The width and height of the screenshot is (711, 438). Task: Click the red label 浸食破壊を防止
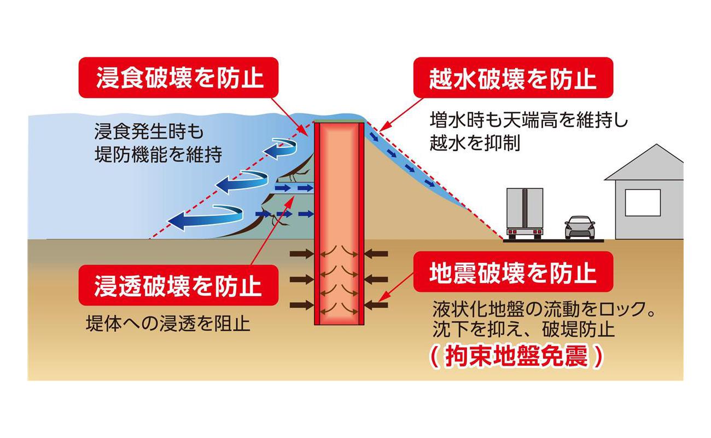180,78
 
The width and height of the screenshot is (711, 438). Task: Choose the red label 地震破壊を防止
512,272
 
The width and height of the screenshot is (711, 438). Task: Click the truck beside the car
524,214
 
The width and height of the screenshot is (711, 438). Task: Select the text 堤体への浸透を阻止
168,324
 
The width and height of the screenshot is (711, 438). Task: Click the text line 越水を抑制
475,143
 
